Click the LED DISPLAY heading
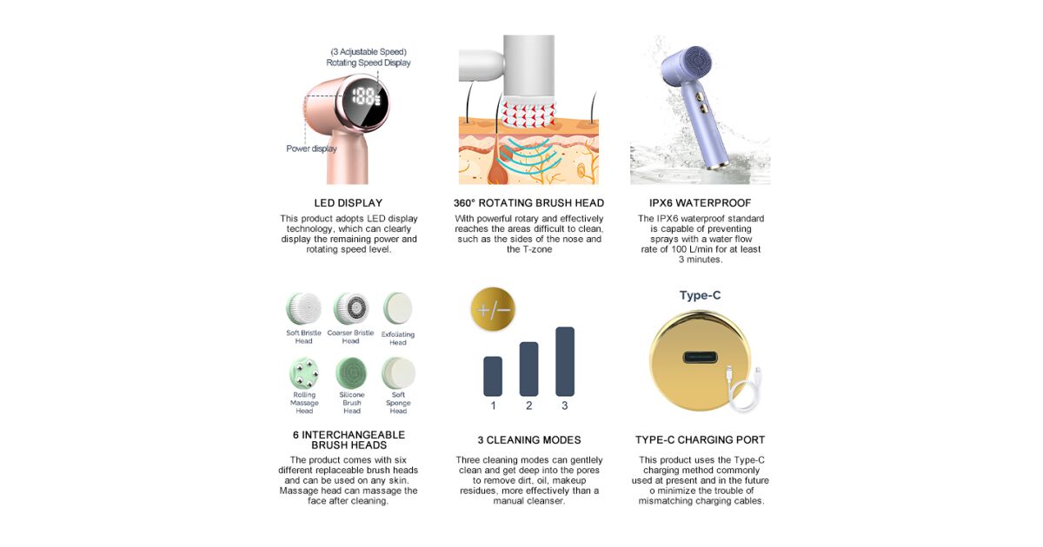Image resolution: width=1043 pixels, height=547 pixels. (348, 203)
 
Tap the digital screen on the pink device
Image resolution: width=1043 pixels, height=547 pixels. (365, 102)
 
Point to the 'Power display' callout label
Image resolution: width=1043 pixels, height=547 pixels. (311, 148)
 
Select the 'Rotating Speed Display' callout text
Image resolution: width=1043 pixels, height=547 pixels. (369, 63)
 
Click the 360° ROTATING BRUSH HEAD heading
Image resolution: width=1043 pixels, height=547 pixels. (528, 203)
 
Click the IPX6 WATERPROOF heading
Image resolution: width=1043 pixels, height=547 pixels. (700, 203)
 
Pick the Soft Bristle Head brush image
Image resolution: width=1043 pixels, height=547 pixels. (303, 308)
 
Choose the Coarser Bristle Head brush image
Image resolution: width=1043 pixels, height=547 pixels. (351, 308)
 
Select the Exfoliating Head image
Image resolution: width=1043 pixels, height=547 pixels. (398, 308)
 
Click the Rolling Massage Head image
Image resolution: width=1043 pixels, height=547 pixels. (304, 373)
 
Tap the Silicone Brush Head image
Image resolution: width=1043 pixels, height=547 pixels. (351, 373)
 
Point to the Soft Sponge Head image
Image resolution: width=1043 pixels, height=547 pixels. (398, 373)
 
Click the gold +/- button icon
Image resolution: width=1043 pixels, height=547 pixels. (493, 309)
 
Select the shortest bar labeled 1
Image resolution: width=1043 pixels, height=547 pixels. (493, 376)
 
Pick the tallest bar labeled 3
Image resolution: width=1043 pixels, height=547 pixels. (565, 361)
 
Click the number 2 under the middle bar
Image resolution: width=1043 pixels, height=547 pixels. (529, 405)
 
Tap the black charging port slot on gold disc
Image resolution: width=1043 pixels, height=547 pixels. (700, 358)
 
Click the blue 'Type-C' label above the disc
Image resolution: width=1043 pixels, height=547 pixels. (700, 295)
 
